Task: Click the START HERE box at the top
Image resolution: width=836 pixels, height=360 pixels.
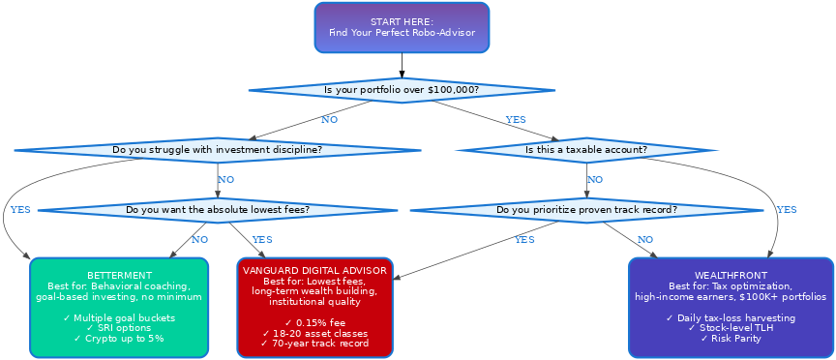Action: [402, 27]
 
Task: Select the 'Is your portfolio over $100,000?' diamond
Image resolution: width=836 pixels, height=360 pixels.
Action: [402, 90]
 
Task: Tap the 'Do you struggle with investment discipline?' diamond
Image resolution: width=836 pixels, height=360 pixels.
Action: [218, 150]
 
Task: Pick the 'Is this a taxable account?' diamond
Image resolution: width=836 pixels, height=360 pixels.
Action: [586, 150]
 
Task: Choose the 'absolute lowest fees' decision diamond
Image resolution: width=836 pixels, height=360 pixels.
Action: [218, 209]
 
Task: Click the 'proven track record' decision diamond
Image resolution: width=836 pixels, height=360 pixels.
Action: [586, 209]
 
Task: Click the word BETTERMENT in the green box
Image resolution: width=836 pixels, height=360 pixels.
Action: [119, 276]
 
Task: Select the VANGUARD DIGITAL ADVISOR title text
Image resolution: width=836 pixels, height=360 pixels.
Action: [314, 270]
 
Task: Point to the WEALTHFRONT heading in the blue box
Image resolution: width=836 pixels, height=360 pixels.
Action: [731, 276]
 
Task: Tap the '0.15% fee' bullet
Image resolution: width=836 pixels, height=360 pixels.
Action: [314, 322]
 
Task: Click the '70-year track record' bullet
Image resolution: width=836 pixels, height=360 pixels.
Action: [314, 343]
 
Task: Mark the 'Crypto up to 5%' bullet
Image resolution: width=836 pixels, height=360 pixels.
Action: [119, 339]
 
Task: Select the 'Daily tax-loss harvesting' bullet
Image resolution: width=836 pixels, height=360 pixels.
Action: [731, 318]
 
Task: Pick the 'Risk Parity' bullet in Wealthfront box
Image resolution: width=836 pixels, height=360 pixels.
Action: [731, 339]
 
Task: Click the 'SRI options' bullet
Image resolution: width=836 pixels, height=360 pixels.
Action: [119, 328]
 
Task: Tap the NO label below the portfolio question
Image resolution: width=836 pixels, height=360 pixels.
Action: [329, 120]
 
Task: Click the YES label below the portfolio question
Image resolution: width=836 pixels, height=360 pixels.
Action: [516, 120]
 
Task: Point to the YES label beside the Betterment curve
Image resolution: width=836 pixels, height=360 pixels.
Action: [20, 209]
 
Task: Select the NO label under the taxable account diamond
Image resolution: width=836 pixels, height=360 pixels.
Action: [595, 179]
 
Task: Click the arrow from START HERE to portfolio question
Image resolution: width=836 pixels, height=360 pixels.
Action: [402, 65]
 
